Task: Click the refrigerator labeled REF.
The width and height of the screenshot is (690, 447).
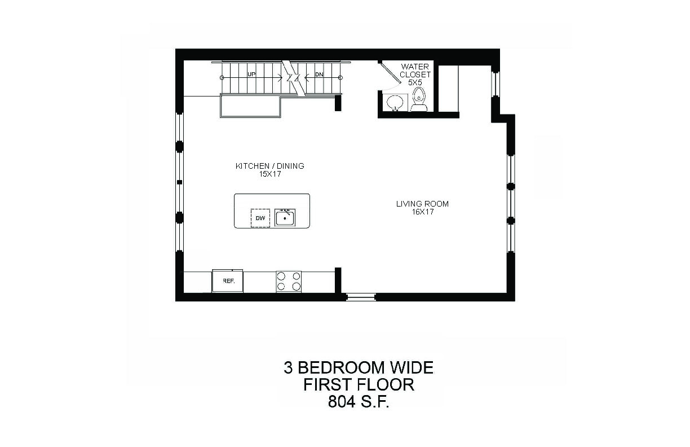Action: tap(227, 281)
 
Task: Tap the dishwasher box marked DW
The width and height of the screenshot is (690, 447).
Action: tap(260, 218)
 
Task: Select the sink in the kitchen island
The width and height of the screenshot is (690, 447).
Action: tap(285, 217)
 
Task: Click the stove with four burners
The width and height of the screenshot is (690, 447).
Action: tap(289, 282)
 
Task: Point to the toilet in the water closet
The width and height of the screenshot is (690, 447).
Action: tap(419, 99)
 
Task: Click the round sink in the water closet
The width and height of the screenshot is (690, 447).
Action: tap(395, 102)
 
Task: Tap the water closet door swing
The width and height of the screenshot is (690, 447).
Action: tap(390, 74)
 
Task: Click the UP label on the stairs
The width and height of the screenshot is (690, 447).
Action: tap(251, 74)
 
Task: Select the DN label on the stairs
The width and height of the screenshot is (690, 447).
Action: tap(319, 74)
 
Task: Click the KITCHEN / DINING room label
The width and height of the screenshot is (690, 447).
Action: tap(270, 166)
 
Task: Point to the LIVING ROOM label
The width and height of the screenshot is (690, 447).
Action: tap(422, 204)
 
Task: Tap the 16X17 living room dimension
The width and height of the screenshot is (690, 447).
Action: tap(423, 212)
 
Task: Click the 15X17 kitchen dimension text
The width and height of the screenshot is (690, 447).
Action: tap(270, 174)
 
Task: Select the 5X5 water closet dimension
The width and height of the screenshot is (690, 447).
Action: tap(415, 82)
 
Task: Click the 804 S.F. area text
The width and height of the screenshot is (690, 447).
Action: tap(359, 402)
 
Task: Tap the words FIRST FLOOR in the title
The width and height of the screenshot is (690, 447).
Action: tap(359, 385)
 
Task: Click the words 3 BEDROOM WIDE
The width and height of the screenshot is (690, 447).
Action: tap(359, 368)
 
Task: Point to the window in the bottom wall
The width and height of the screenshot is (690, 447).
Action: tap(361, 297)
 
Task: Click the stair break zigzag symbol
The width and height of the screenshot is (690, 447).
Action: tap(293, 77)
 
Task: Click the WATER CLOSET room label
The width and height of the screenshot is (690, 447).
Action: tap(415, 71)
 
